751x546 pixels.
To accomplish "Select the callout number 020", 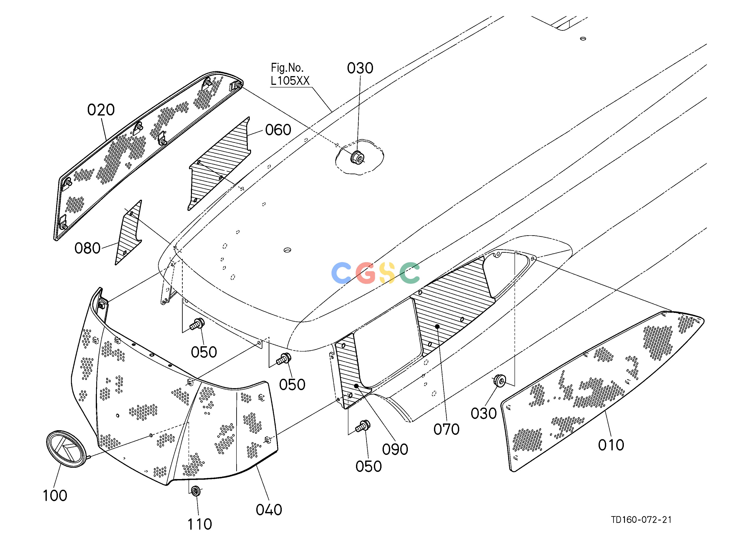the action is tap(101, 110).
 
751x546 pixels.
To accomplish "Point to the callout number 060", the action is tap(278, 130).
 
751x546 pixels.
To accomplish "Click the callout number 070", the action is tap(447, 430).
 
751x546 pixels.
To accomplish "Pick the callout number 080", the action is tap(87, 248).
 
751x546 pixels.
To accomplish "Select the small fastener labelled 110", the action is tap(196, 490).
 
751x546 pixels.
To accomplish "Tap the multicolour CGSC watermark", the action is tap(375, 273).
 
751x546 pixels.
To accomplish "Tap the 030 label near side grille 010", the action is tap(484, 414).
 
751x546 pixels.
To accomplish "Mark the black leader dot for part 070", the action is tap(437, 327).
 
